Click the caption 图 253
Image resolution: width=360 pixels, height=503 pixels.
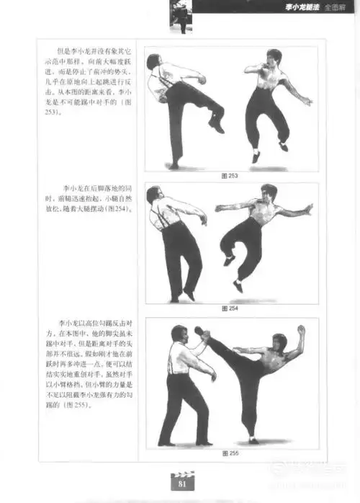click(x=231, y=175)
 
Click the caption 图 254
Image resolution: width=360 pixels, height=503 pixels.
click(x=231, y=308)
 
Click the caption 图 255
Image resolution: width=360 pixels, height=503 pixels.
click(x=231, y=453)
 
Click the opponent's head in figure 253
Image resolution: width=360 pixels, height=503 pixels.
click(x=153, y=62)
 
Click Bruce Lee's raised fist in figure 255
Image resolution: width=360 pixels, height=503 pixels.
click(x=302, y=330)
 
